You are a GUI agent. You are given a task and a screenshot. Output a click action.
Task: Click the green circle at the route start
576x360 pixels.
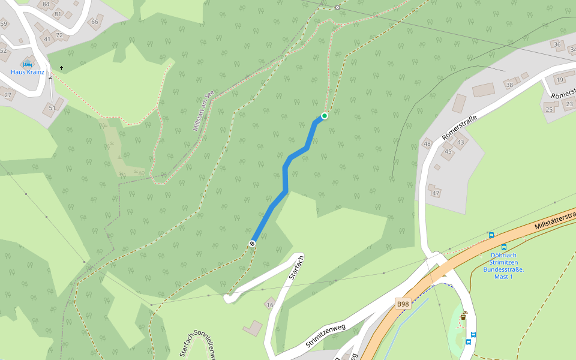pos(325,116)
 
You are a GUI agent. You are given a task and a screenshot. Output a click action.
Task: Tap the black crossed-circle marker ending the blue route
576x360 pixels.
pos(253,243)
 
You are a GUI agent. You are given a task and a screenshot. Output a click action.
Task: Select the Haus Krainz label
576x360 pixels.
pos(28,72)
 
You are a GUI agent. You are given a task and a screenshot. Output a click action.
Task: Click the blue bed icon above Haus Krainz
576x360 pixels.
pos(28,64)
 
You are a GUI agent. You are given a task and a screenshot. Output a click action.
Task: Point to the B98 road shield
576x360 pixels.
pos(403,304)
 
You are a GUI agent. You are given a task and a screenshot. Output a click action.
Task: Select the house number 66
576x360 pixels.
pos(94,22)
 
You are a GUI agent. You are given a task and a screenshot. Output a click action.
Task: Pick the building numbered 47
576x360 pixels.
pos(436,193)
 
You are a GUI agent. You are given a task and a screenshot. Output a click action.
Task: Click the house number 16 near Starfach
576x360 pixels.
pos(269,305)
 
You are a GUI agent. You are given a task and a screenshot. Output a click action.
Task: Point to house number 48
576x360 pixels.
pos(427,143)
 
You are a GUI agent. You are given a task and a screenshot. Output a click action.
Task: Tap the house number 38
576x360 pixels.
pos(510,85)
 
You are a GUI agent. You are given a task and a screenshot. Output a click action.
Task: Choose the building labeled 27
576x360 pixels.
pos(8,95)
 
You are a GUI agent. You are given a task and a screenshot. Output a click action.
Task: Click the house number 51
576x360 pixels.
pos(52,108)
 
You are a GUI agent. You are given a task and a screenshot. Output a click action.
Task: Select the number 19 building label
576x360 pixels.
pos(560,80)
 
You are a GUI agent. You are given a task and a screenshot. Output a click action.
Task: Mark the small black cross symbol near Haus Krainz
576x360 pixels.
pos(61,68)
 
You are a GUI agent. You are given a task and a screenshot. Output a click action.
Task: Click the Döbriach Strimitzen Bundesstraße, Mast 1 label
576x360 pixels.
pos(503,265)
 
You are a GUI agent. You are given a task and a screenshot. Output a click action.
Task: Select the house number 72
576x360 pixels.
pos(59,35)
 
